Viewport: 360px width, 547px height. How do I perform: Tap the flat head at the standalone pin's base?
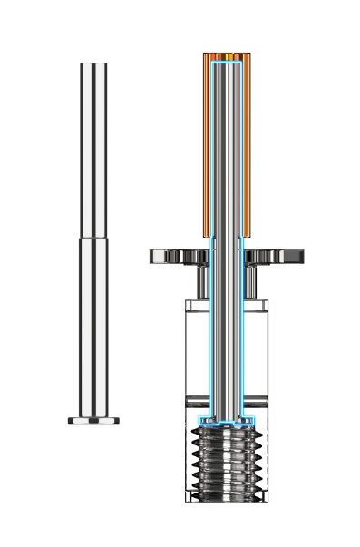tap(93, 421)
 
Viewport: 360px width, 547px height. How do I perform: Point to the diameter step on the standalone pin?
tap(93, 238)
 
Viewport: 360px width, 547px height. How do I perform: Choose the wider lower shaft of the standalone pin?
tap(93, 327)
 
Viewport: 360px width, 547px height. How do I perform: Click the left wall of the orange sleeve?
tap(207, 145)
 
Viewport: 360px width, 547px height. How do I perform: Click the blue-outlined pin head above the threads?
tap(227, 421)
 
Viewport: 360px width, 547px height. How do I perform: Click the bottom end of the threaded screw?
tap(227, 499)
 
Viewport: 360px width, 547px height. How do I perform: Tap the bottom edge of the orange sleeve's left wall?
tap(207, 235)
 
